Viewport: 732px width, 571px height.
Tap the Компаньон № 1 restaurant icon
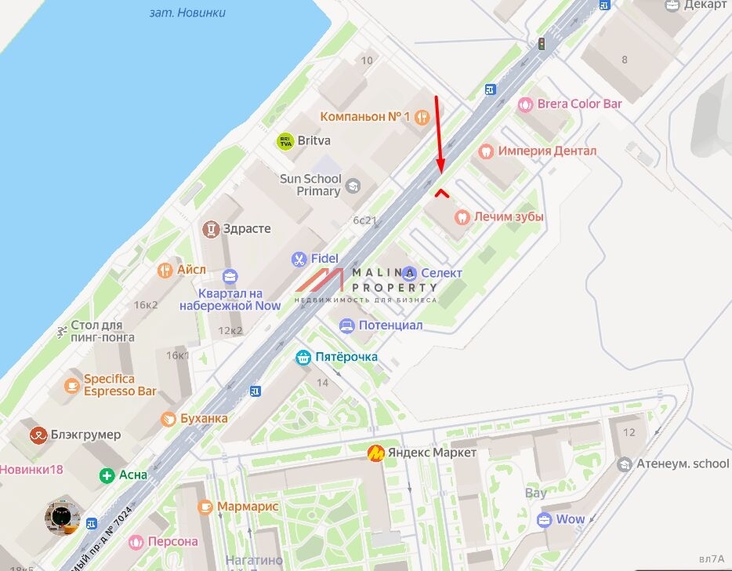point(422,117)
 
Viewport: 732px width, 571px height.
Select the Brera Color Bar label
point(579,104)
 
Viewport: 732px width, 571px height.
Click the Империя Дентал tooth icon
point(485,151)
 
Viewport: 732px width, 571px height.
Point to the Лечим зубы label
point(509,216)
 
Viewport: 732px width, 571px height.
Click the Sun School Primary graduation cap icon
point(353,186)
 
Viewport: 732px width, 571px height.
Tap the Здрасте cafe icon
point(210,229)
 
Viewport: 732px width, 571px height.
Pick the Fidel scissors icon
point(298,259)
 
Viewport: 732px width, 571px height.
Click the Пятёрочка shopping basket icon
point(303,358)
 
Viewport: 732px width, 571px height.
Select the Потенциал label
point(390,325)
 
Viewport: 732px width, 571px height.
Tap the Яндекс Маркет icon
point(375,453)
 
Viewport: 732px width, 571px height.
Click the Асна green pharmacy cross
point(107,475)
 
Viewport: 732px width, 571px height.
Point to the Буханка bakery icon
point(168,419)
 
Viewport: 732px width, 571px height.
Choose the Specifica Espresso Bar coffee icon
point(72,385)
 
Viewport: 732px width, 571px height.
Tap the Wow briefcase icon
point(544,520)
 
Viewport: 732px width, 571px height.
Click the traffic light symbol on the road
point(541,44)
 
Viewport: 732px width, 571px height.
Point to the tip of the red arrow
point(440,172)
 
